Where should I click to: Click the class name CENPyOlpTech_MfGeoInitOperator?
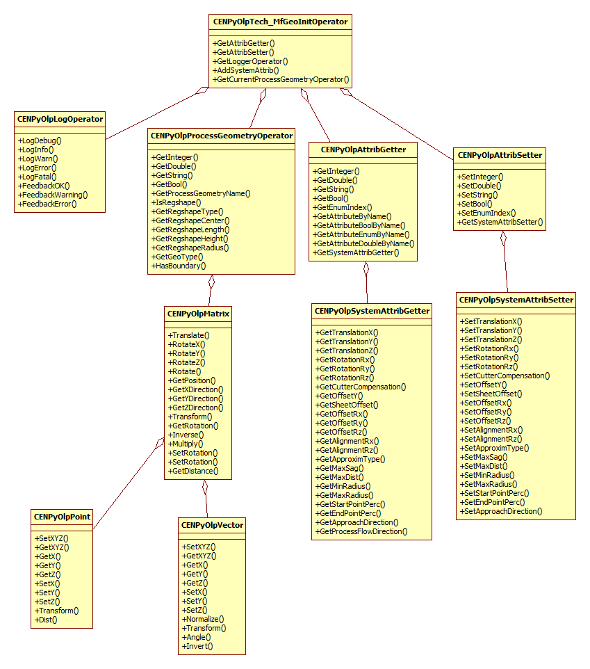coord(280,22)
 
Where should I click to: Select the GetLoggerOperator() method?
coord(250,61)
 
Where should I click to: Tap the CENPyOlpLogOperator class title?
coord(60,119)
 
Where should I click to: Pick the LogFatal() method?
coord(39,177)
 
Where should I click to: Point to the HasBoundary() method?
coord(180,266)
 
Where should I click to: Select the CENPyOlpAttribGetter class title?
coord(363,150)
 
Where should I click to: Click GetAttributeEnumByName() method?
coord(362,234)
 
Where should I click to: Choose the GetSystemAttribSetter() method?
coord(500,223)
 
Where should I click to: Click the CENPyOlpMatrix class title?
coord(199,314)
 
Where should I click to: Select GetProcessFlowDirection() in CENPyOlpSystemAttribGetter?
coord(361,531)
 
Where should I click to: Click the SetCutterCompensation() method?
coord(506,376)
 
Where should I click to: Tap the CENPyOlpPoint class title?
coord(62,517)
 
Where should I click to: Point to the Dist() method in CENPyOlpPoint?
coord(46,619)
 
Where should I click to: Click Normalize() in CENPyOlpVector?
coord(204,619)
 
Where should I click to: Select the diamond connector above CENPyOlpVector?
coord(205,488)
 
